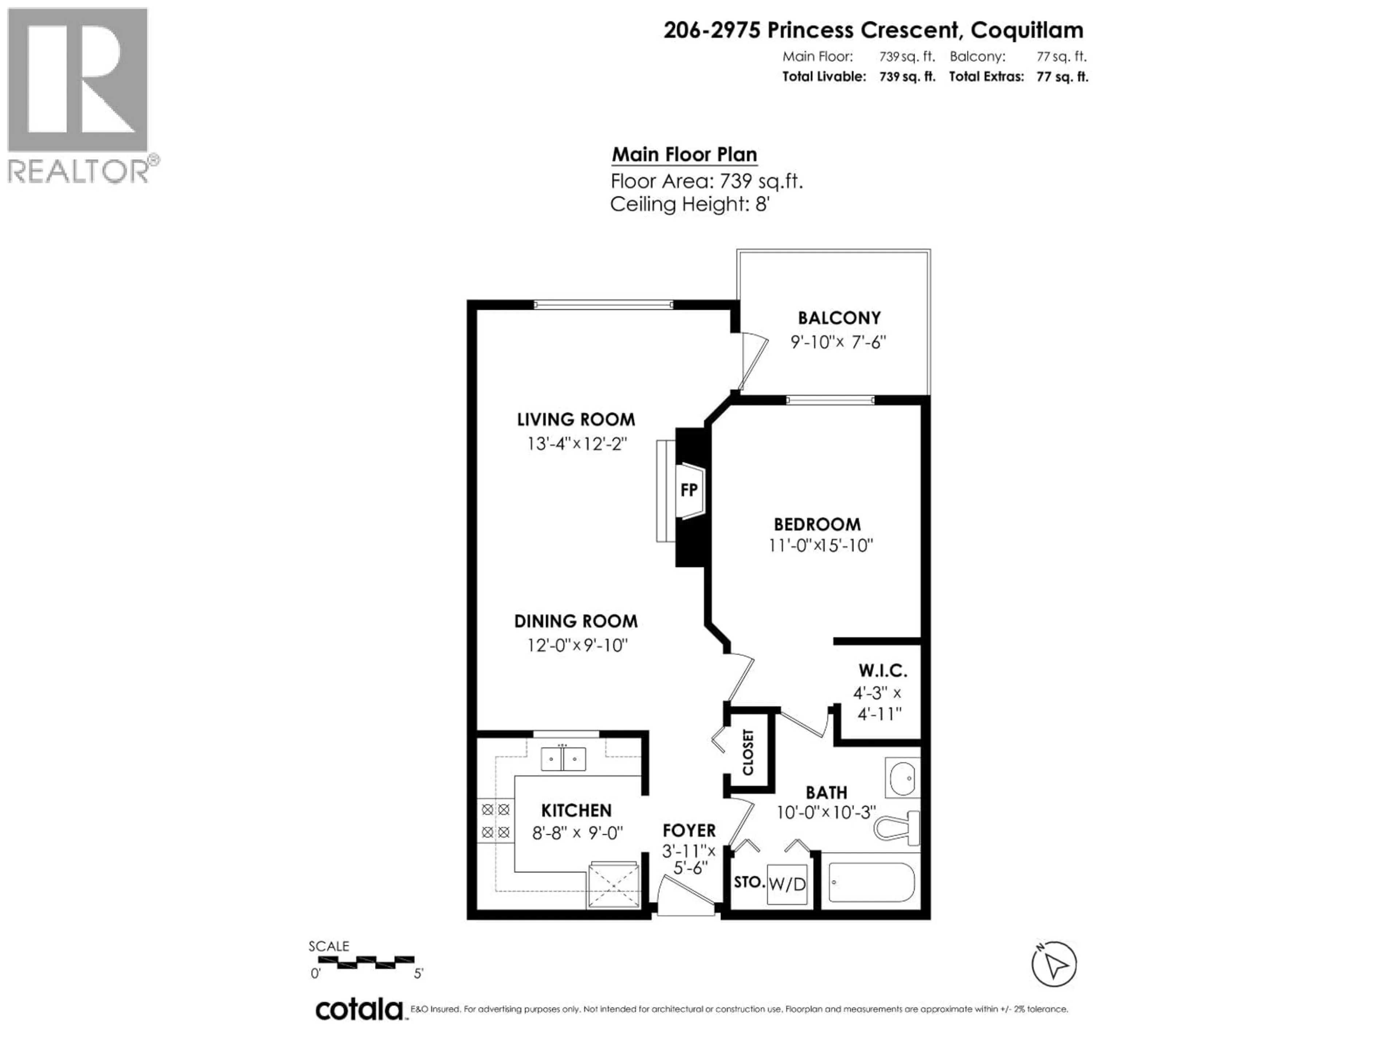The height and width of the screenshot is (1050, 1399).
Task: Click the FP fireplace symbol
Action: [x=689, y=490]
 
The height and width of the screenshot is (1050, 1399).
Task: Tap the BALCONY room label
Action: [x=839, y=318]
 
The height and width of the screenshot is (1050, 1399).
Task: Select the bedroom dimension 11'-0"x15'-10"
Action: [x=820, y=545]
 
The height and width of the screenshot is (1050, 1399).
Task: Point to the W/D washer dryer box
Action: [x=787, y=884]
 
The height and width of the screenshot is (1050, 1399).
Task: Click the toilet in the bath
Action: [x=898, y=828]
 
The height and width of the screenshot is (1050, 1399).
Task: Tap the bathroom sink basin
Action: [x=902, y=777]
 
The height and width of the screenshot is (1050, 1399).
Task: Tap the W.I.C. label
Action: [x=883, y=670]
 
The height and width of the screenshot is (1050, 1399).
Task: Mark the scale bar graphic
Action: [x=365, y=962]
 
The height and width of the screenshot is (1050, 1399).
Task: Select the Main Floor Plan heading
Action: [x=684, y=155]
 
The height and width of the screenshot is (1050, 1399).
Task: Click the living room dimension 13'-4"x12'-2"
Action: [x=576, y=444]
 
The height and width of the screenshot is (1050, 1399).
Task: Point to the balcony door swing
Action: [x=753, y=361]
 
